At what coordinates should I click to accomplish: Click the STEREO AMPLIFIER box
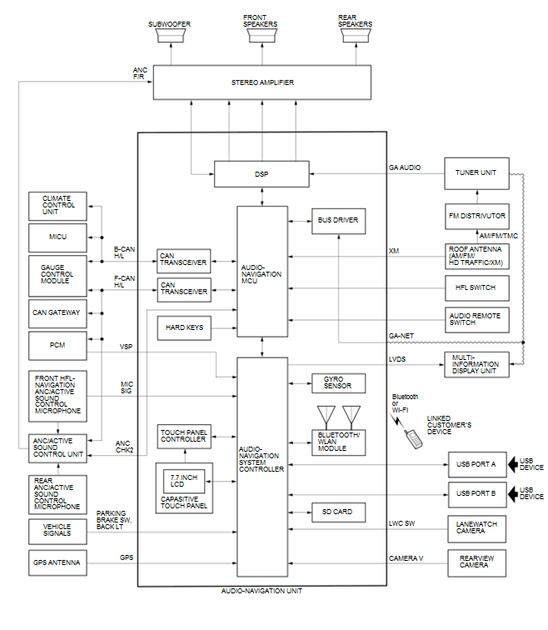coord(262,83)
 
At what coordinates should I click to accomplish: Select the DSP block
coord(262,173)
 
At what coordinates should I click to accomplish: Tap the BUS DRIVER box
coord(338,221)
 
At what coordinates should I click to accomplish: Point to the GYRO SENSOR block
coord(338,382)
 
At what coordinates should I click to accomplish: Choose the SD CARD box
coord(338,512)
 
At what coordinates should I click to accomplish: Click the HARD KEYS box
coord(183,327)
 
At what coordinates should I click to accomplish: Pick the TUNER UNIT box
coord(476,172)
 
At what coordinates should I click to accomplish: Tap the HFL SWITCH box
coord(476,287)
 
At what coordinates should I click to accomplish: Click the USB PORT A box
coord(476,463)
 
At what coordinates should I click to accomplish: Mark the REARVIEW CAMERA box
coord(476,563)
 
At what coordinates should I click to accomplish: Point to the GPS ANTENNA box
coord(57,563)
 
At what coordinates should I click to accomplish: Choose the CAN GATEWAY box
coord(57,312)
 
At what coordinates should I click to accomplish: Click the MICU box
coord(57,237)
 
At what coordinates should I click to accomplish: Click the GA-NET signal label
coord(401,335)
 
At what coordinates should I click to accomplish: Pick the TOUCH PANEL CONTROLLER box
coord(184,435)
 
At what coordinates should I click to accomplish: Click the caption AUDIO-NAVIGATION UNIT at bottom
coord(262,591)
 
